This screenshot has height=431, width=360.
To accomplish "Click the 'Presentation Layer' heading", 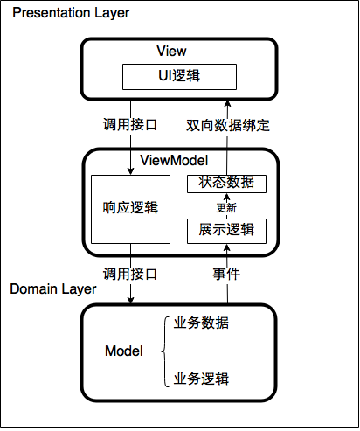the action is [x=71, y=13].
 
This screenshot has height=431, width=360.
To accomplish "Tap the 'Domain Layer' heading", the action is [x=53, y=289].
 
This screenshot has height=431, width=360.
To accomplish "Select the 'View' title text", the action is [x=171, y=51].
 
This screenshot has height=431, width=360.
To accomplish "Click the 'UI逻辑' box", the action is [x=179, y=77].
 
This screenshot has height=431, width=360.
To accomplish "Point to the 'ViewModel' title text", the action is [x=174, y=161].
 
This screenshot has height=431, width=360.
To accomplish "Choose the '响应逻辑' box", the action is [x=130, y=209].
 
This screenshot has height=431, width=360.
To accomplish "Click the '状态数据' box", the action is [x=226, y=184].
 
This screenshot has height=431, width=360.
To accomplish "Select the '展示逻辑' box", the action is [x=226, y=231].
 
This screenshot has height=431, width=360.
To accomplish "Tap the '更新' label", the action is [x=226, y=208].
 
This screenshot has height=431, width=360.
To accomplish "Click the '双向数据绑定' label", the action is [x=228, y=125].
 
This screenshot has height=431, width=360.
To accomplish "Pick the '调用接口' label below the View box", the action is [x=130, y=125].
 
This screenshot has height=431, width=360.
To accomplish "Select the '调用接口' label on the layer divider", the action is [x=130, y=275].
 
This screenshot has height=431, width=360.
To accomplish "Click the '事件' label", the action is [x=226, y=275].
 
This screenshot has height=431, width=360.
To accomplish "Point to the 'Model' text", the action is [x=124, y=351].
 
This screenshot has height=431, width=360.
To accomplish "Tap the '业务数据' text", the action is [x=201, y=323].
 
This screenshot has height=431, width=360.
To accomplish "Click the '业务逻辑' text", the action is [x=201, y=379].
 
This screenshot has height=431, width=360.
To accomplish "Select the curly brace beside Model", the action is [x=165, y=351].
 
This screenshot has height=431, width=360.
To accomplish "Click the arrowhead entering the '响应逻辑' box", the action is [x=130, y=171].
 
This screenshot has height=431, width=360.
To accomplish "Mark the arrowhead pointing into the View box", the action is [x=227, y=104].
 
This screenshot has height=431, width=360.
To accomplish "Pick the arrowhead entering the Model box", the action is [x=130, y=300].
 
